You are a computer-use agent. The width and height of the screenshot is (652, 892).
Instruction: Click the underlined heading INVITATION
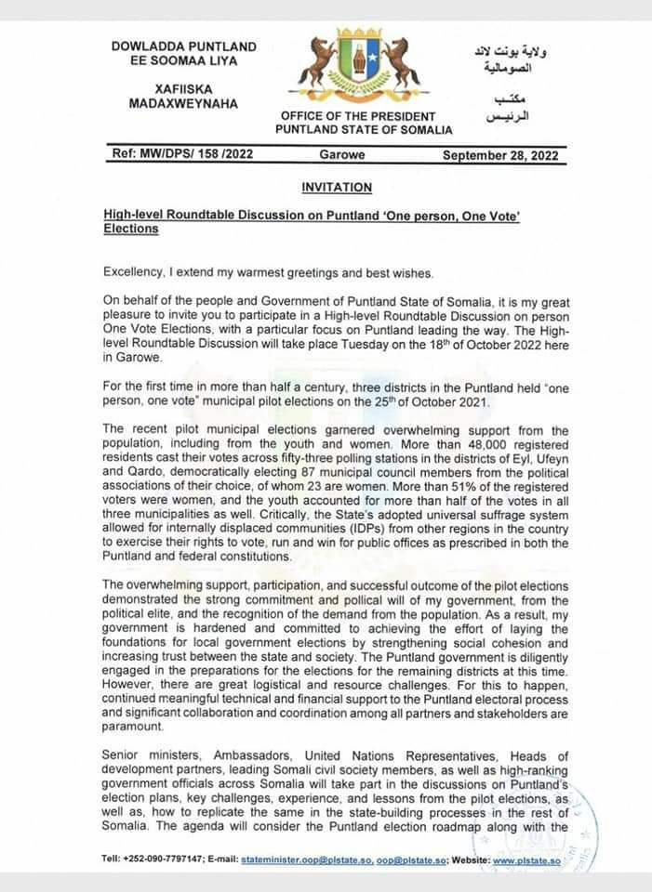coord(337,188)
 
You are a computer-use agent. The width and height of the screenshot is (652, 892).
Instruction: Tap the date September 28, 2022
coord(500,156)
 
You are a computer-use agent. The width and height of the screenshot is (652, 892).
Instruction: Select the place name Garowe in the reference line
coord(342,155)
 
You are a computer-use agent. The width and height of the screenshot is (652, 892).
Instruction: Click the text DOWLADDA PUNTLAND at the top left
coord(184,46)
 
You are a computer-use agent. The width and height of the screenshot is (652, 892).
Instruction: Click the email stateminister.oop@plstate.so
coord(306,860)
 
